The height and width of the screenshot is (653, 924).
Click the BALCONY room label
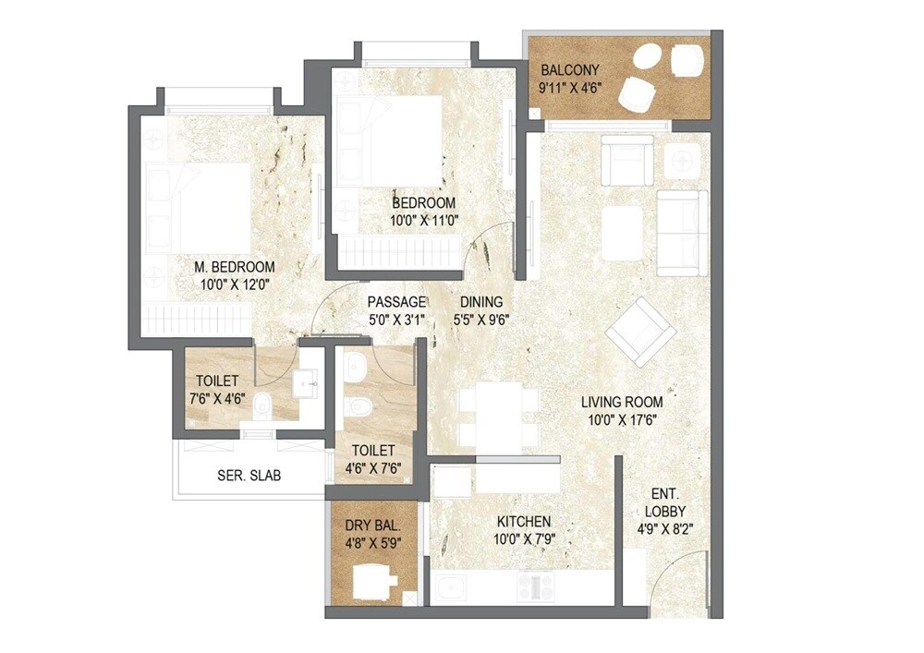click(570, 70)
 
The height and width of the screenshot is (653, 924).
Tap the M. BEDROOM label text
click(234, 267)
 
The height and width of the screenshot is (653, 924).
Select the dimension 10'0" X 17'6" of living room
click(621, 419)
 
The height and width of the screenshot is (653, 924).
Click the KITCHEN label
click(523, 522)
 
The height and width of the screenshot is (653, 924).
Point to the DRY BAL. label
click(367, 525)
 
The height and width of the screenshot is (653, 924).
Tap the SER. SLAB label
click(249, 476)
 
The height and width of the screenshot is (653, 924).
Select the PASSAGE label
click(396, 302)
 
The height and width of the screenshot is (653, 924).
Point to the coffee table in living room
click(622, 231)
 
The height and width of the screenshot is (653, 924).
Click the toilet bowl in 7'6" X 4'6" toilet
click(263, 405)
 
